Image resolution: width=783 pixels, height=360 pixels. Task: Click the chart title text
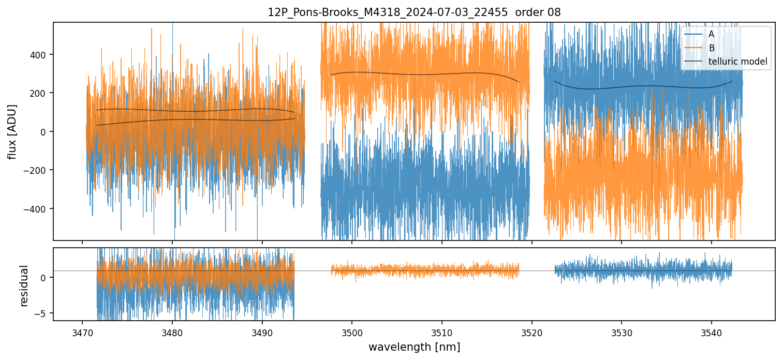413,12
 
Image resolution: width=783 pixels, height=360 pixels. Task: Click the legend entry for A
711,35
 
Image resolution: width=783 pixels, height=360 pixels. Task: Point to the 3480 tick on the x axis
172,331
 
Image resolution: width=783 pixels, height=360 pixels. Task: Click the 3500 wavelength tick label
352,331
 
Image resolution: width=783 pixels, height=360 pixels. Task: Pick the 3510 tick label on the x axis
441,331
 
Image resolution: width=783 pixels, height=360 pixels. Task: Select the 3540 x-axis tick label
711,331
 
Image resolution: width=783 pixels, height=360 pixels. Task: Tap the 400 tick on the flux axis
39,54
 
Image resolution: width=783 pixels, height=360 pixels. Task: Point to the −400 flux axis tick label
37,209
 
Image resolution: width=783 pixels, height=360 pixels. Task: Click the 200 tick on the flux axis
39,93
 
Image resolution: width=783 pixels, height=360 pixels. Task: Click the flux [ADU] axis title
12,131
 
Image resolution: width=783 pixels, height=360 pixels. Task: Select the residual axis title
24,286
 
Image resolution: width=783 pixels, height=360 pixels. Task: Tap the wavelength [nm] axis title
414,347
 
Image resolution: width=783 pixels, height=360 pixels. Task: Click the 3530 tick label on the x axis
622,331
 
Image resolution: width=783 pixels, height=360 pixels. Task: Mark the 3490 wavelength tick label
262,331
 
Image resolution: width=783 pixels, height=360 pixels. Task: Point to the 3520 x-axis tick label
531,331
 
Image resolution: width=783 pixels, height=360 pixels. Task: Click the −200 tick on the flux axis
37,170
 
